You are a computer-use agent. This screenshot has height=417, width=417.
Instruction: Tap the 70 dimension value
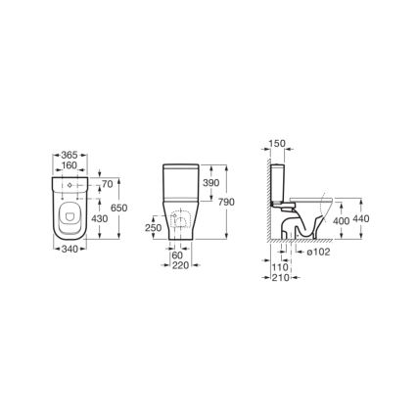click(x=107, y=183)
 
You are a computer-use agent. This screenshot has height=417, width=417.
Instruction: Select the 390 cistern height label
click(x=207, y=184)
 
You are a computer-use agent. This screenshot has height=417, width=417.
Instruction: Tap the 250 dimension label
click(x=153, y=227)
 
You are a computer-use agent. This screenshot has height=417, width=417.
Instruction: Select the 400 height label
click(x=340, y=222)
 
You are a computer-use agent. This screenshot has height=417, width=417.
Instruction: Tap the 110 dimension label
click(x=282, y=266)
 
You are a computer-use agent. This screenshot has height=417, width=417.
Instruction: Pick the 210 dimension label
click(x=282, y=277)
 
